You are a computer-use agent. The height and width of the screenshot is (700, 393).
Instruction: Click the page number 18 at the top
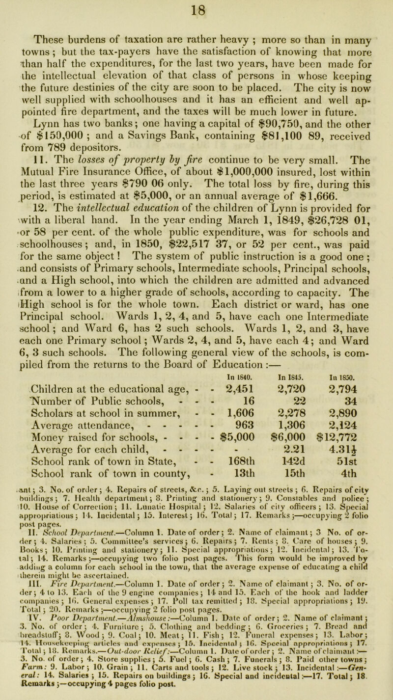[197, 8]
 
